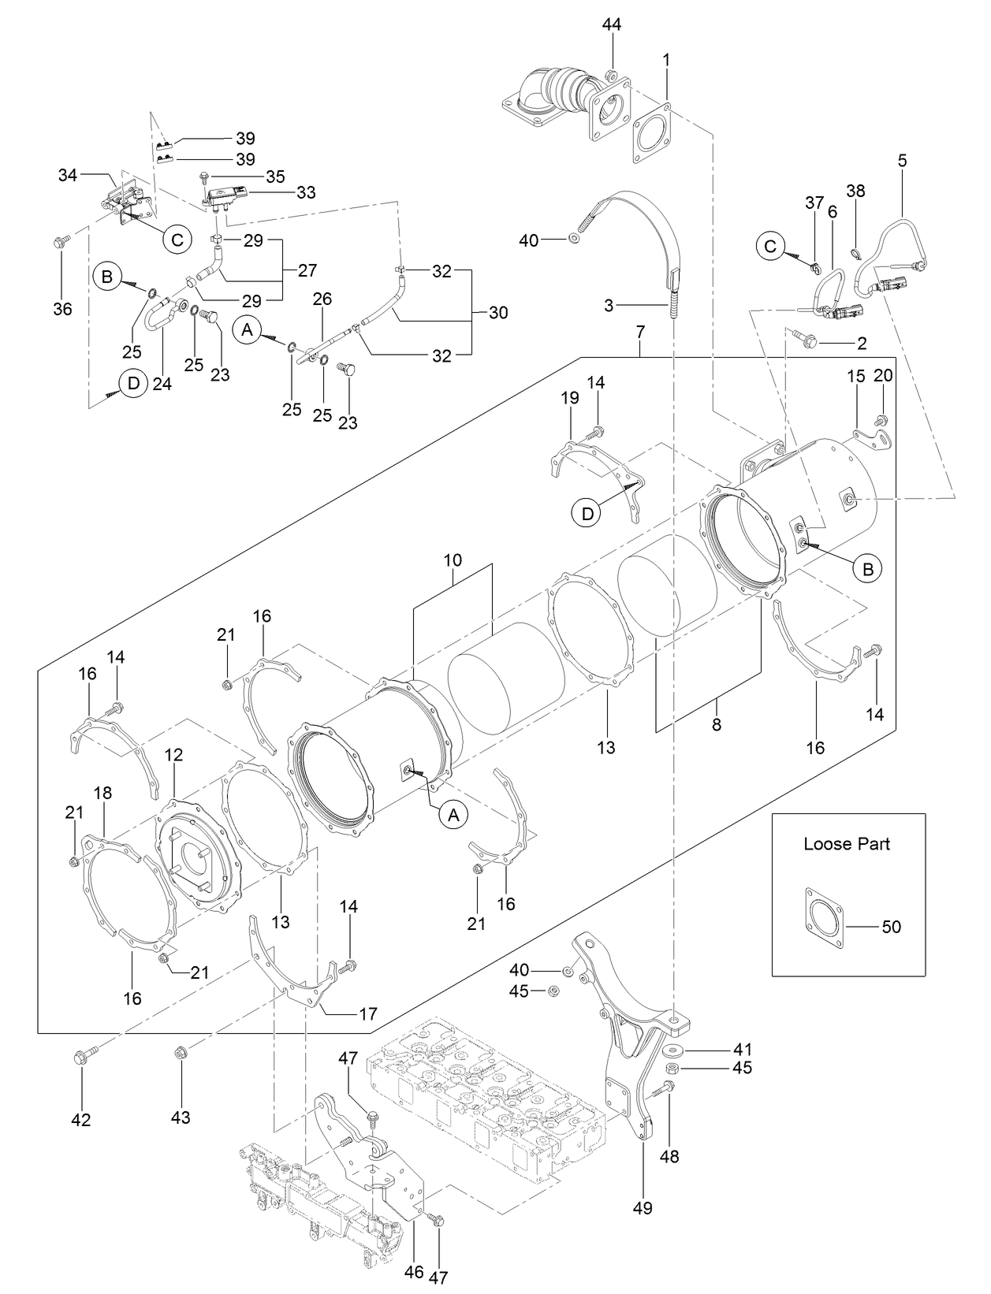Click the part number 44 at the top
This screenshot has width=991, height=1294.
pyautogui.click(x=612, y=24)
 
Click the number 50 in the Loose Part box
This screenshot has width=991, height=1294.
pyautogui.click(x=891, y=927)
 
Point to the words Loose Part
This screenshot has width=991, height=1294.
pyautogui.click(x=847, y=844)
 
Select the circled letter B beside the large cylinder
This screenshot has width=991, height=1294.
pyautogui.click(x=867, y=569)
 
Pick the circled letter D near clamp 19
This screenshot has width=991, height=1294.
pyautogui.click(x=587, y=514)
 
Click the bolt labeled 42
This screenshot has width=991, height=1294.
pyautogui.click(x=81, y=1058)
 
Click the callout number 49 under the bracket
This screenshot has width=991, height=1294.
pyautogui.click(x=643, y=1207)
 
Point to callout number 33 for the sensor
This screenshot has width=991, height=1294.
pyautogui.click(x=306, y=191)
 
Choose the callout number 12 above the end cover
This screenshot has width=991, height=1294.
pyautogui.click(x=174, y=754)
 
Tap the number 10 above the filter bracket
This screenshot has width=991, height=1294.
pyautogui.click(x=453, y=560)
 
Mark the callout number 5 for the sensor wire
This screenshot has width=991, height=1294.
pyautogui.click(x=902, y=160)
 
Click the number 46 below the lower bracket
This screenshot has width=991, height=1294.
pyautogui.click(x=413, y=1271)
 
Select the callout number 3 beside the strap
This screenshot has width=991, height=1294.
pyautogui.click(x=608, y=306)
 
